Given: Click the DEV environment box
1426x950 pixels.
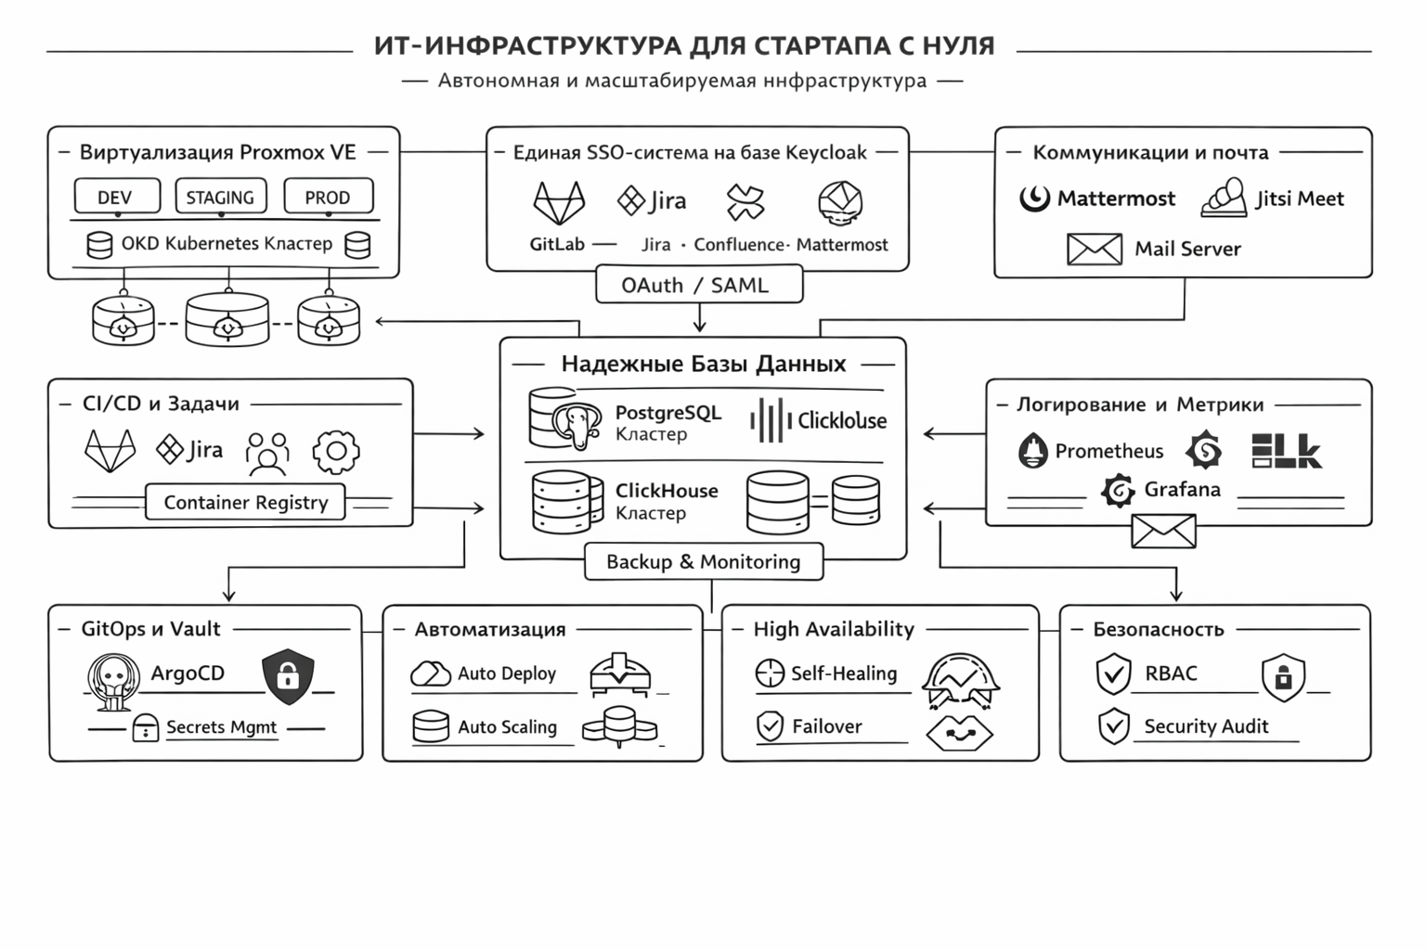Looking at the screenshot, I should (116, 197).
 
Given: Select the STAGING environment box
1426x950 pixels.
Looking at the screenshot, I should (220, 197).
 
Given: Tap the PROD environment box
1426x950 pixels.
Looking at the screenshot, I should (328, 197).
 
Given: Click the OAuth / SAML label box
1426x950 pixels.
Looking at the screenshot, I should (698, 285).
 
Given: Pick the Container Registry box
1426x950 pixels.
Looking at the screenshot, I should (245, 502).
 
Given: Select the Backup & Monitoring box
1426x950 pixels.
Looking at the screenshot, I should (703, 561).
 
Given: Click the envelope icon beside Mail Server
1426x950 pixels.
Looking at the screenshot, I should (1094, 249).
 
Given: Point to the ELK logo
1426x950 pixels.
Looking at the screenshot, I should (1286, 450).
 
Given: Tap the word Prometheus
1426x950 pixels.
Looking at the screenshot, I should (1108, 451).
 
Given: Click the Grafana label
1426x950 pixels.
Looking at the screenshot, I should (1182, 489).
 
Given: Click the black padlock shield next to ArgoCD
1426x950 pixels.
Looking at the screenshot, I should (288, 675).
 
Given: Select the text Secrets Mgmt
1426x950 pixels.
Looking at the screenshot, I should (221, 727).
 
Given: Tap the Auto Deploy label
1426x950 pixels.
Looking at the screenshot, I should (506, 674).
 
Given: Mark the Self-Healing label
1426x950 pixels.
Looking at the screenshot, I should (843, 674).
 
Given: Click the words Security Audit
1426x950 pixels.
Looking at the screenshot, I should (1205, 726).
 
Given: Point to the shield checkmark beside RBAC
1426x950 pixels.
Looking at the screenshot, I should (1113, 674).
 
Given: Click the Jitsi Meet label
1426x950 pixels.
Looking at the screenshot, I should (1299, 199).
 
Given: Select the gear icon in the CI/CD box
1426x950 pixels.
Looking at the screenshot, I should (335, 452).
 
